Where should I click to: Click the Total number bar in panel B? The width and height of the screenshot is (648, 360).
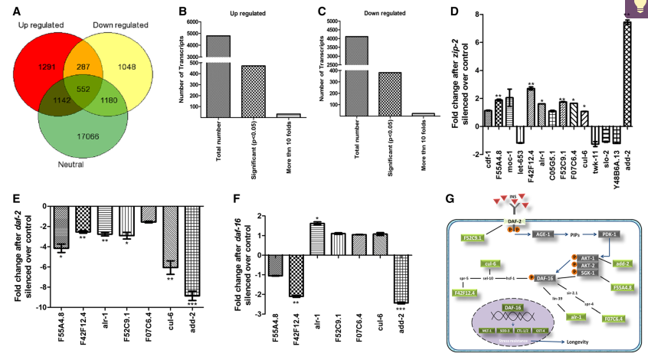pos(218,77)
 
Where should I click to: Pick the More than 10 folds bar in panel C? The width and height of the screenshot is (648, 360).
pos(423,115)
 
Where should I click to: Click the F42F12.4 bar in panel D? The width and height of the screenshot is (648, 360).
pos(530,108)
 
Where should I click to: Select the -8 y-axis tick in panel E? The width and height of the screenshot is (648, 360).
pos(44,286)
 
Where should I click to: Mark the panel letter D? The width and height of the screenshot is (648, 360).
pos(454,11)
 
